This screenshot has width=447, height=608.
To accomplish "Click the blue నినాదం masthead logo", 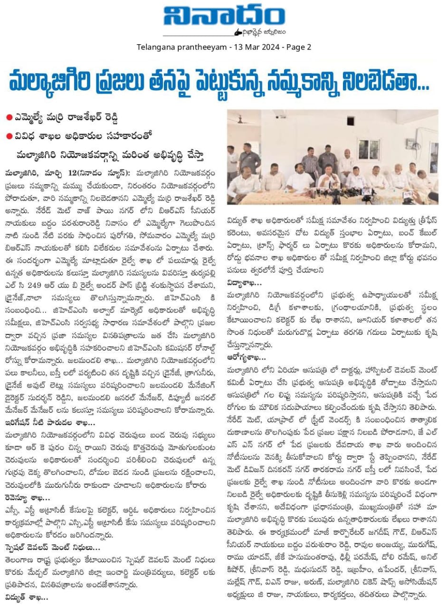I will click(x=224, y=19).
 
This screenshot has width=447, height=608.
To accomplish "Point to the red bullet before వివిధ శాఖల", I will click(x=10, y=135).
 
